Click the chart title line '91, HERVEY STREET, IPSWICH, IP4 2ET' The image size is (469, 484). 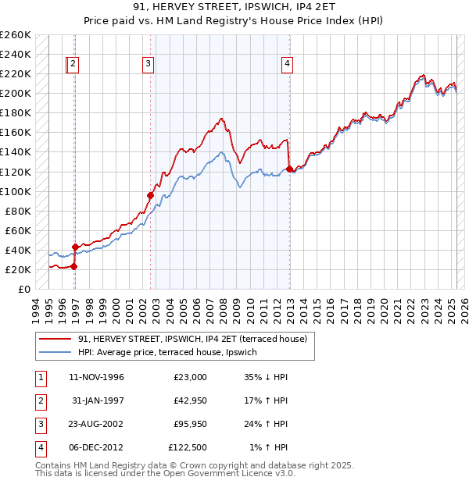234,9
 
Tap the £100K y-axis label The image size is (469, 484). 16,191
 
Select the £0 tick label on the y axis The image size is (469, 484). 24,289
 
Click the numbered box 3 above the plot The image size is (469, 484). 148,65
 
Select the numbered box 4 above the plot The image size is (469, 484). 288,65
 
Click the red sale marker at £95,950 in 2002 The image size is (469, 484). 150,195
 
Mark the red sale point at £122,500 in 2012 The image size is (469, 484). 289,169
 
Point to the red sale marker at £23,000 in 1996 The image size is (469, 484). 74,266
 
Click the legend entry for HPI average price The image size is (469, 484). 173,352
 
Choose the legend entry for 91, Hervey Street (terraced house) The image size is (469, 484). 192,339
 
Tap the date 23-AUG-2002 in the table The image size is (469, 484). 97,424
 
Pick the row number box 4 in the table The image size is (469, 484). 38,447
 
